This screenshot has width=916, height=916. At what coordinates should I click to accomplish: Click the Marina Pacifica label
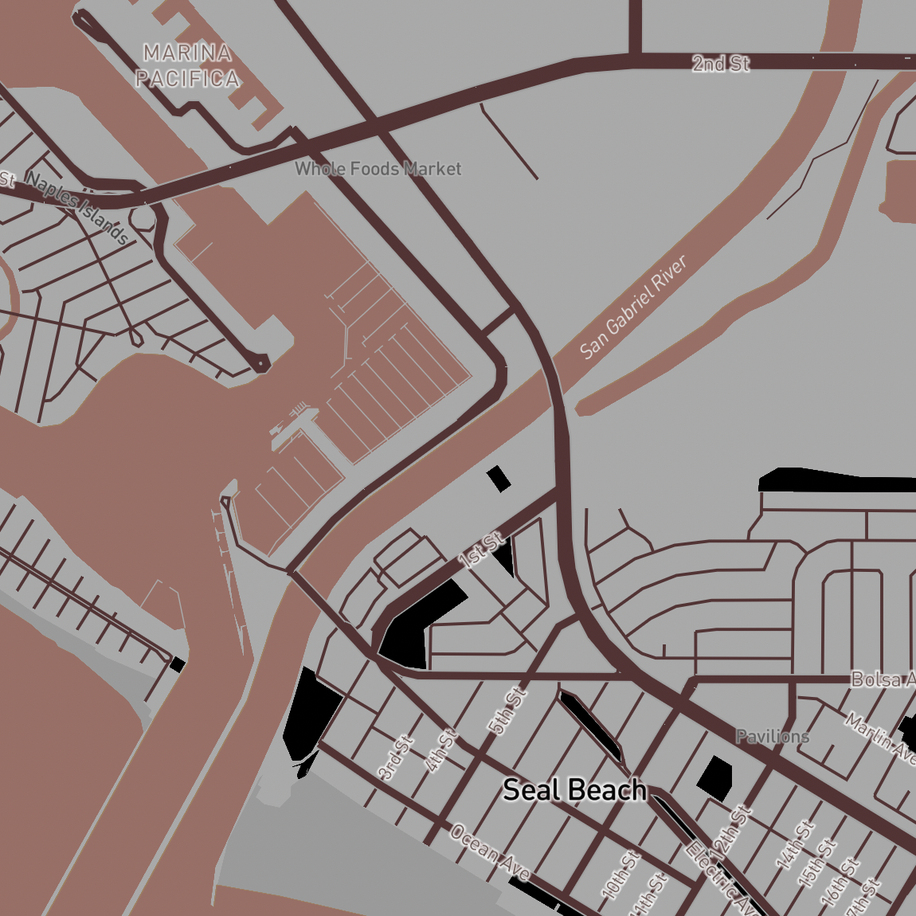pyautogui.click(x=188, y=66)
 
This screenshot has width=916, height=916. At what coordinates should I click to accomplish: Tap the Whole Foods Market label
pyautogui.click(x=378, y=169)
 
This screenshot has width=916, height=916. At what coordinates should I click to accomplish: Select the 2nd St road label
pyautogui.click(x=720, y=64)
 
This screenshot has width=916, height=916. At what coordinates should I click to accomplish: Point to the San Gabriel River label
pyautogui.click(x=633, y=307)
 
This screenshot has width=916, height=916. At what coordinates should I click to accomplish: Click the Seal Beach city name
pyautogui.click(x=574, y=789)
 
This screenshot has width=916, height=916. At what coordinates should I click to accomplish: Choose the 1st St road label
pyautogui.click(x=481, y=550)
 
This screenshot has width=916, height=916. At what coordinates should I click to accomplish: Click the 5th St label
pyautogui.click(x=507, y=710)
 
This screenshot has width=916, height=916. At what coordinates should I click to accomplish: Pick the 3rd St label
pyautogui.click(x=395, y=757)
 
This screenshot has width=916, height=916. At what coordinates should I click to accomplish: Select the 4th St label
pyautogui.click(x=441, y=750)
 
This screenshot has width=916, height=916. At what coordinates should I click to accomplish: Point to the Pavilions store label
pyautogui.click(x=772, y=736)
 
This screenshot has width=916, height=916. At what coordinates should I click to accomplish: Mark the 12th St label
pyautogui.click(x=733, y=833)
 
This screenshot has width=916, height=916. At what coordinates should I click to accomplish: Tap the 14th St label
pyautogui.click(x=795, y=844)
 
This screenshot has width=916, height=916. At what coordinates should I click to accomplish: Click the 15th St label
pyautogui.click(x=819, y=862)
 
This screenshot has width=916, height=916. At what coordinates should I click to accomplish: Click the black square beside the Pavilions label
pyautogui.click(x=715, y=773)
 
